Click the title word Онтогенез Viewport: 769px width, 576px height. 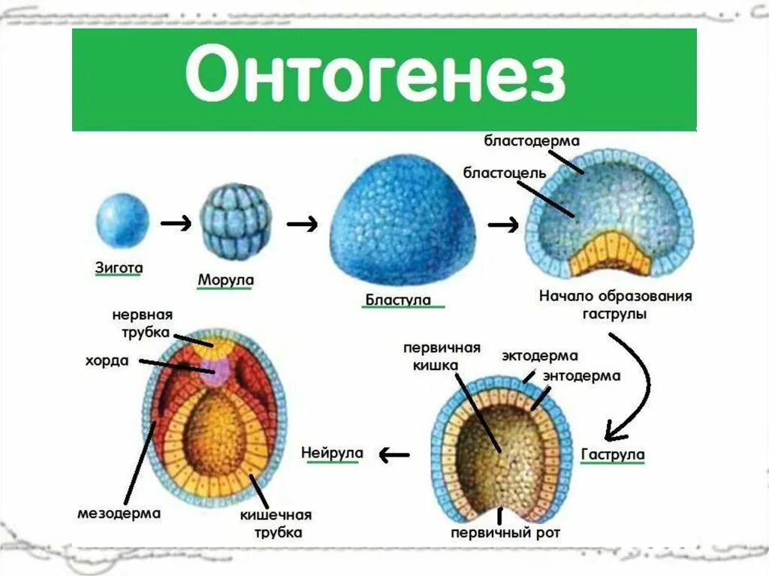pos(375,77)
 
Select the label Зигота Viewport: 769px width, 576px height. pos(119,267)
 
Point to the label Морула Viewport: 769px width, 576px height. pos(225,280)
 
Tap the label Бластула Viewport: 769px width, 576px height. pos(398,300)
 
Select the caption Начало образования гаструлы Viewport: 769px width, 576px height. pos(615,304)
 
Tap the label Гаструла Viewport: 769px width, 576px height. pos(613,454)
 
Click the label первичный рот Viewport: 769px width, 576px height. pos(505,533)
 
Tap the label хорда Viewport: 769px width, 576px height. pos(107,361)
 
